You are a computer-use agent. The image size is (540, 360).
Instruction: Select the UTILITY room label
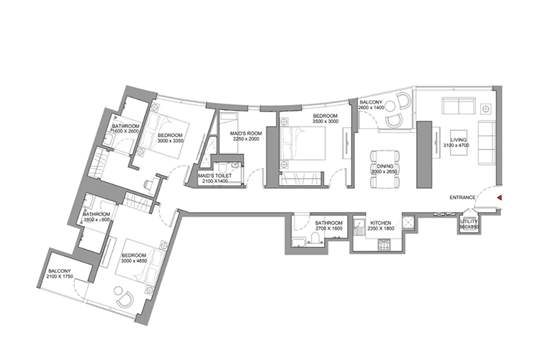[469, 223]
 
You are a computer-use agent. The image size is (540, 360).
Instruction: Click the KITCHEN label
[380, 224]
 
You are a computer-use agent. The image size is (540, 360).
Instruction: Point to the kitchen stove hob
[384, 246]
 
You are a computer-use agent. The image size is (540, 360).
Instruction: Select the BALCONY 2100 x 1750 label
[61, 274]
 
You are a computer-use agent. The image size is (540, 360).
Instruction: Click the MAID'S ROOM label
[244, 134]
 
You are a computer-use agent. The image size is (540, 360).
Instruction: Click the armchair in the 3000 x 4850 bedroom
[125, 296]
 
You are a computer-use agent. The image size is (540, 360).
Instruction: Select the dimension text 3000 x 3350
[171, 141]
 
